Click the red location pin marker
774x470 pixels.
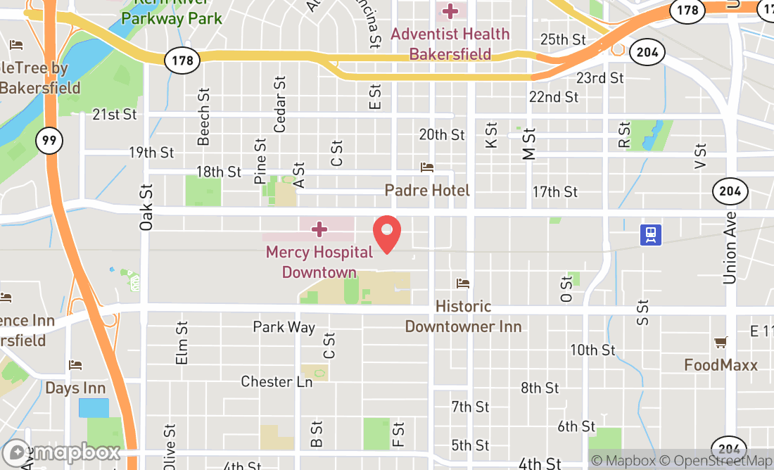(386, 234)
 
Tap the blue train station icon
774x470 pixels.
(652, 235)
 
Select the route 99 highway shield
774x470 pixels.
(49, 140)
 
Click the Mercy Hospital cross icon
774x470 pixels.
(319, 229)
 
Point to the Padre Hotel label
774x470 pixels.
(427, 191)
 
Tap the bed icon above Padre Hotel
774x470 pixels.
(427, 167)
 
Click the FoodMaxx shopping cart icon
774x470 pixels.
(721, 343)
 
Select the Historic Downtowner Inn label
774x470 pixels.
(463, 317)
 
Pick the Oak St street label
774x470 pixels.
(146, 208)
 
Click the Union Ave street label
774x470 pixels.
(730, 248)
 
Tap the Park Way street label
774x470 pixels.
(284, 326)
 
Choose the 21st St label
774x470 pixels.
(114, 114)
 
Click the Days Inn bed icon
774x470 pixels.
(75, 365)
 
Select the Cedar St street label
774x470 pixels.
(280, 104)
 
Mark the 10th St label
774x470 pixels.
(592, 350)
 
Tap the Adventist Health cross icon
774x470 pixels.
(448, 11)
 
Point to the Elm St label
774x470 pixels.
(182, 343)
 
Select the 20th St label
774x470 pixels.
(442, 134)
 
